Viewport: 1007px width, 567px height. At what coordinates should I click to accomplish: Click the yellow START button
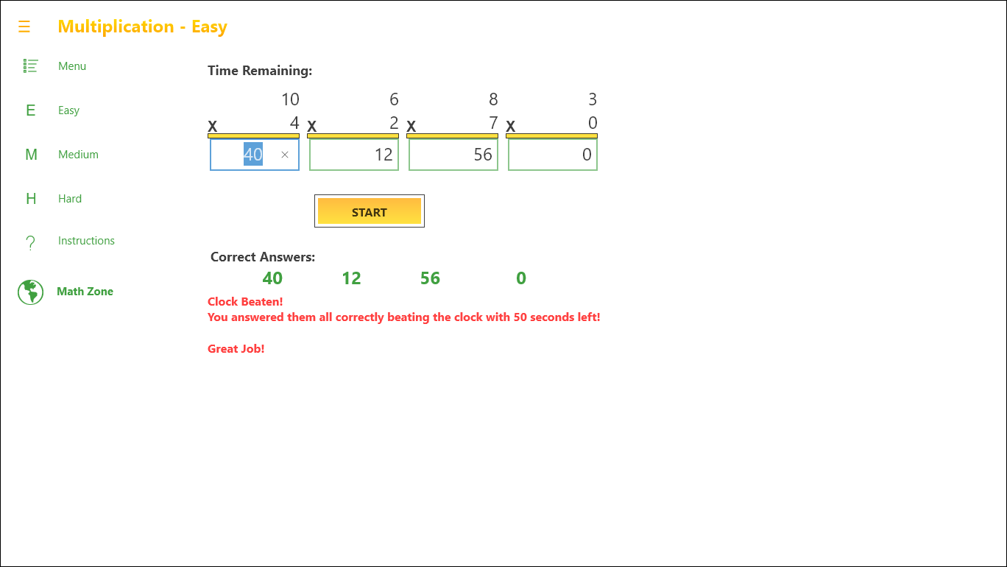(369, 211)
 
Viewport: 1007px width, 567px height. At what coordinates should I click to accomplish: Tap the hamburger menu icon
(24, 27)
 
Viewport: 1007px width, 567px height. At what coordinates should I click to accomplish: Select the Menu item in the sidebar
(72, 66)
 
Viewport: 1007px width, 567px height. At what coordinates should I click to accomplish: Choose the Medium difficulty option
(78, 154)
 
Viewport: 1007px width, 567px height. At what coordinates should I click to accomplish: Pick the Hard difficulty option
(70, 198)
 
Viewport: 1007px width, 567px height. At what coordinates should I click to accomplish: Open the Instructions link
(86, 241)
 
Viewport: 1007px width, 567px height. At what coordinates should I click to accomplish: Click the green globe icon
(31, 292)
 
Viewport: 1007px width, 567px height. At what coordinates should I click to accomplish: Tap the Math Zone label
(85, 292)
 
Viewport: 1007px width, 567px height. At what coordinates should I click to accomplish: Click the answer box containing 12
(354, 155)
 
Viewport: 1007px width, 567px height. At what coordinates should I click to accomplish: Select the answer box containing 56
(453, 155)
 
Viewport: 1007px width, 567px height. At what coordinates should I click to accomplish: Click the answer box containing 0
(553, 155)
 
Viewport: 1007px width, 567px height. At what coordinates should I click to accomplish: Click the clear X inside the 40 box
(285, 155)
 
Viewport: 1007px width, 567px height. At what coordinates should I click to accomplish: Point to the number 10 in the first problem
(290, 99)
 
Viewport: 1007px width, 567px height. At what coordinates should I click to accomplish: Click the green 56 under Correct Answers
(430, 278)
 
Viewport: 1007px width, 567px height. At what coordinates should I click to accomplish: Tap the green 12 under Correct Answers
(351, 278)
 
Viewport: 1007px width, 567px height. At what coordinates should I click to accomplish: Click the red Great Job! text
(236, 349)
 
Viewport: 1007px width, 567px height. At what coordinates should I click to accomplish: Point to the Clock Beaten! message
(245, 302)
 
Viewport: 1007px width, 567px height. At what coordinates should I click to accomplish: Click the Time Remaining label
(260, 71)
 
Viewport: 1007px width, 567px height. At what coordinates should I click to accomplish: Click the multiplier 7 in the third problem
(493, 123)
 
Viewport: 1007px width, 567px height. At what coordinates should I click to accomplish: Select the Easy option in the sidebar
(68, 110)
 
